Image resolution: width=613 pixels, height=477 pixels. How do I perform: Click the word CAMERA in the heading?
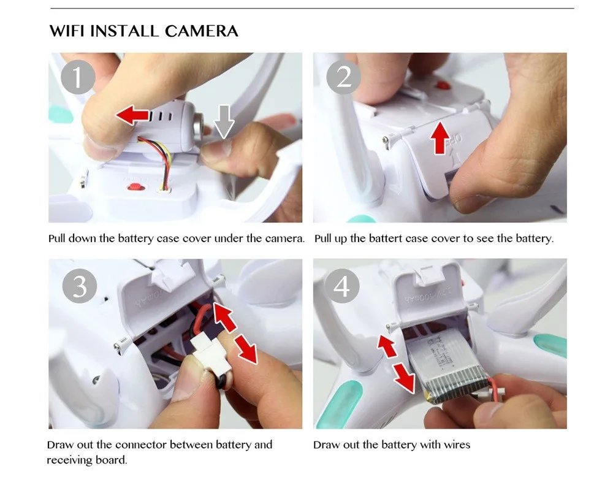point(201,31)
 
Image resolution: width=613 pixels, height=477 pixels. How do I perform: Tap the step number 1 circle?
point(78,77)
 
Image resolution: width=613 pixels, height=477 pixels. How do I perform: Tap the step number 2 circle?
point(344,77)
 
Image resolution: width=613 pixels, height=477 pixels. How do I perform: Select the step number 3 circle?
point(80,286)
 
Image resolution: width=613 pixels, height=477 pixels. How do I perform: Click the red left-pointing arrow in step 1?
point(132,115)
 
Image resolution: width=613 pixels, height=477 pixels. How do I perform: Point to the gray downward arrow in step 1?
point(224,121)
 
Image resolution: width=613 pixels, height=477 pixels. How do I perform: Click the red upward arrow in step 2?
point(440,137)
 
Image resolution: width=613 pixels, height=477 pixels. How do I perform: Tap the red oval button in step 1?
point(136,187)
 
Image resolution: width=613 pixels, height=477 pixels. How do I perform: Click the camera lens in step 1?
point(198,124)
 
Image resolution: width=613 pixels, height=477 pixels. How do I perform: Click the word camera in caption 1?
point(284,238)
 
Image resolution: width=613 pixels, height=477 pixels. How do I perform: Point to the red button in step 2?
point(442,85)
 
